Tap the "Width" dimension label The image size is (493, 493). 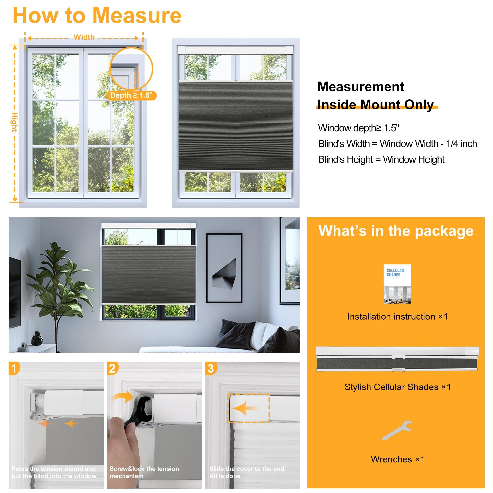[84, 37]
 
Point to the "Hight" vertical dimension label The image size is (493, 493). [15, 122]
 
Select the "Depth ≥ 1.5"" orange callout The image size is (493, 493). [131, 95]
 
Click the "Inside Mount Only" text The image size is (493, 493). [375, 105]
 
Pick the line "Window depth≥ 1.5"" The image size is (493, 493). [358, 128]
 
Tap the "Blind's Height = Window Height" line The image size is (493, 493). [381, 159]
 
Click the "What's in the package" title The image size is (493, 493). [396, 231]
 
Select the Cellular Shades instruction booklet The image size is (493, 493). [397, 284]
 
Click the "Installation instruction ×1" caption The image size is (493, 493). [397, 317]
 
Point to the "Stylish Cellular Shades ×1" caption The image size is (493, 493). [397, 387]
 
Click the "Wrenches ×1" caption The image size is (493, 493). [397, 459]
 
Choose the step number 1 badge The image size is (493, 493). [14, 369]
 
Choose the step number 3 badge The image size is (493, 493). [211, 369]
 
